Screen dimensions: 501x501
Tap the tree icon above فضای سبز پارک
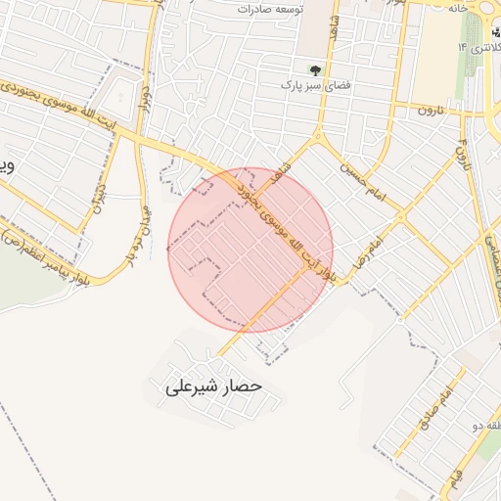tap(315, 70)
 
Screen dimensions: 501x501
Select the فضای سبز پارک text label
tap(314, 87)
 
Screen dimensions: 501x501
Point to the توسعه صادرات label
tap(270, 8)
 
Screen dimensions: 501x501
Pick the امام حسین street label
tap(358, 175)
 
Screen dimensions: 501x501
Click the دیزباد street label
tap(98, 195)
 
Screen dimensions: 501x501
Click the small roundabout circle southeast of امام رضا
tap(399, 318)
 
